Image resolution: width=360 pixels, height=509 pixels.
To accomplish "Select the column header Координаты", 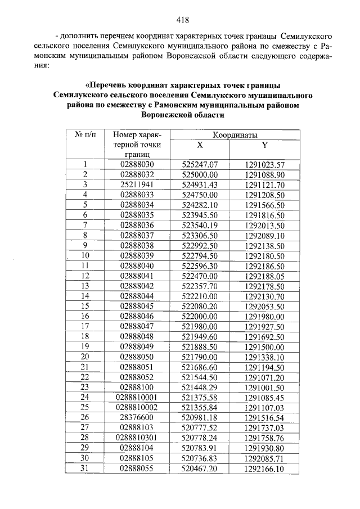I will pos(235,135).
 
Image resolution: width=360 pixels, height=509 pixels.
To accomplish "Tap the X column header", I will pos(200,145).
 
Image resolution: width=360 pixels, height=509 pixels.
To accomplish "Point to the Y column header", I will pos(264,145).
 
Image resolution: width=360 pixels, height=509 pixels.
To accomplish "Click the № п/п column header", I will pos(85,135).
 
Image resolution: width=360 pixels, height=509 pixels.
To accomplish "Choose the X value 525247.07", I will pos(200,165).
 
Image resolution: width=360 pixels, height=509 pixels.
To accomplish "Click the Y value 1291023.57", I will pos(265,165).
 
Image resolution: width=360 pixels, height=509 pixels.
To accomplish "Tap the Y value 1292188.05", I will pos(265,275).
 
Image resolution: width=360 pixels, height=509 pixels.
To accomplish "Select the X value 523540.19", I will pos(200,225).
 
